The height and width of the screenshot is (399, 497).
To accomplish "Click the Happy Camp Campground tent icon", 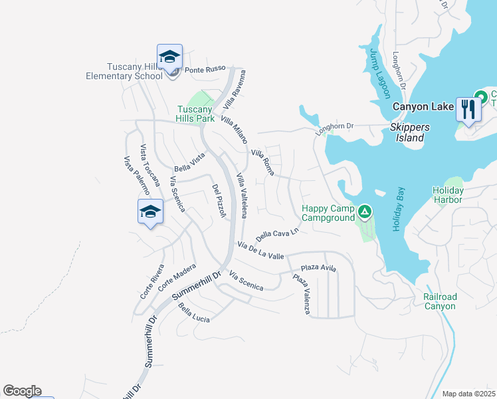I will click(x=364, y=213).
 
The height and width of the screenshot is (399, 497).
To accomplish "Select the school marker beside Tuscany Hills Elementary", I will click(x=169, y=57).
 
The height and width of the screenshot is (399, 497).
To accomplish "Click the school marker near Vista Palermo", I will click(x=150, y=212).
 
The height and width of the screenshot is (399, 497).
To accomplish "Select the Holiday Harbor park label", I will click(x=448, y=194).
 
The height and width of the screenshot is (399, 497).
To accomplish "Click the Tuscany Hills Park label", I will click(x=195, y=114).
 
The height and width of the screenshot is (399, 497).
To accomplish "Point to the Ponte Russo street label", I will click(x=205, y=69).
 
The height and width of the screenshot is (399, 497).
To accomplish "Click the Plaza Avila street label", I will click(x=318, y=268).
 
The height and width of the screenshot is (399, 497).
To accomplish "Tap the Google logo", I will click(x=22, y=391).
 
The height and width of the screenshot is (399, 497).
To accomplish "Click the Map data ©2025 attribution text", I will click(x=468, y=394).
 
